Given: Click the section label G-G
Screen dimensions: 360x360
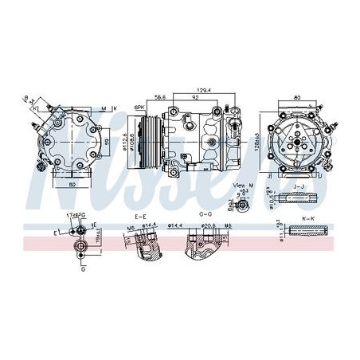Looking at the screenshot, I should (204, 216).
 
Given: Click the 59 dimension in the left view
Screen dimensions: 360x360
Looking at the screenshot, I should (105, 141).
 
